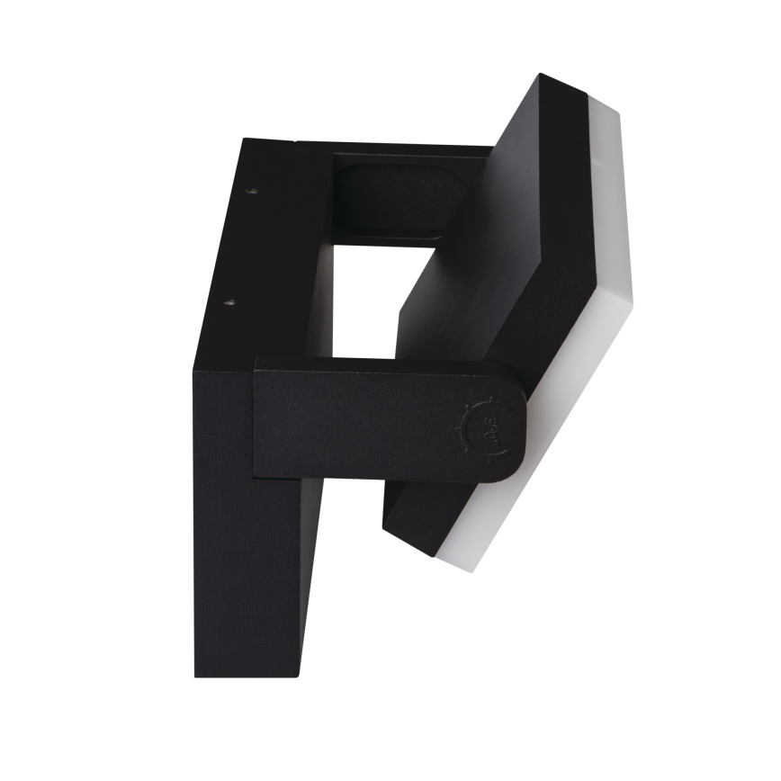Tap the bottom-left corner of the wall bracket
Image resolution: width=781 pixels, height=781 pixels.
(x=196, y=676)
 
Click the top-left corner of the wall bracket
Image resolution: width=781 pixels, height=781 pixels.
(x=244, y=139)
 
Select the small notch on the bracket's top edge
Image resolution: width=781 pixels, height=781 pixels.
(x=295, y=142)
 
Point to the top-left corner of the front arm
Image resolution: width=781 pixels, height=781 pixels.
(x=256, y=359)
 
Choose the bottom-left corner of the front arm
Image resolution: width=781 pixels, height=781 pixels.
(x=255, y=476)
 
